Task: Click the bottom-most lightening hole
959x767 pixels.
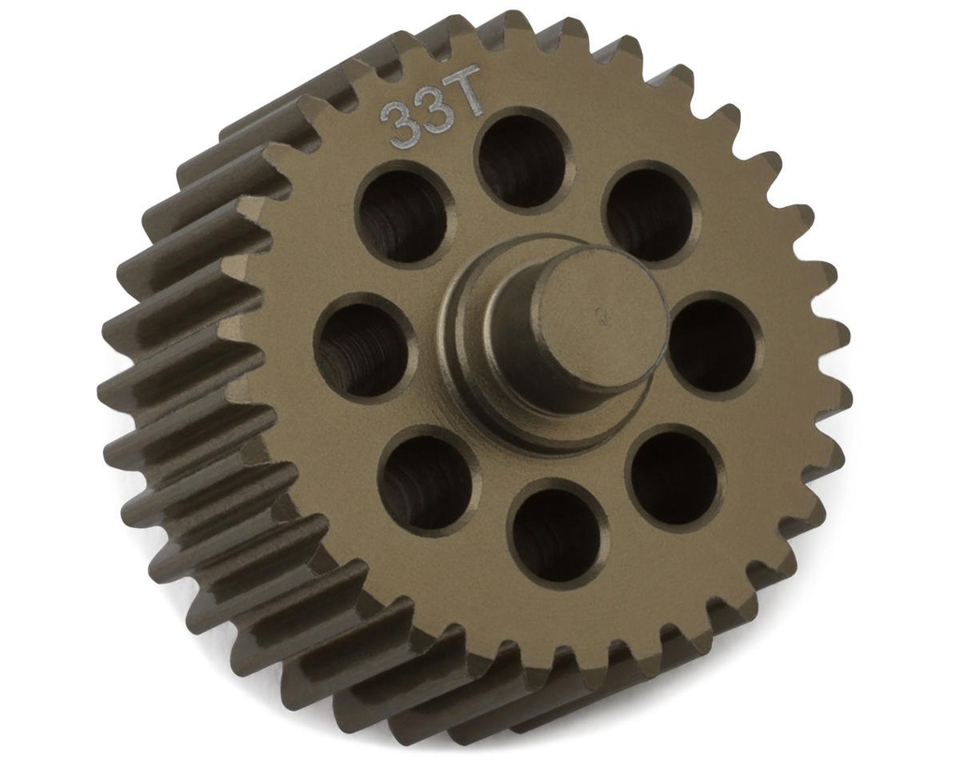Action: click(557, 533)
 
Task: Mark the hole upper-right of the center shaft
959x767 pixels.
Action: click(649, 214)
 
